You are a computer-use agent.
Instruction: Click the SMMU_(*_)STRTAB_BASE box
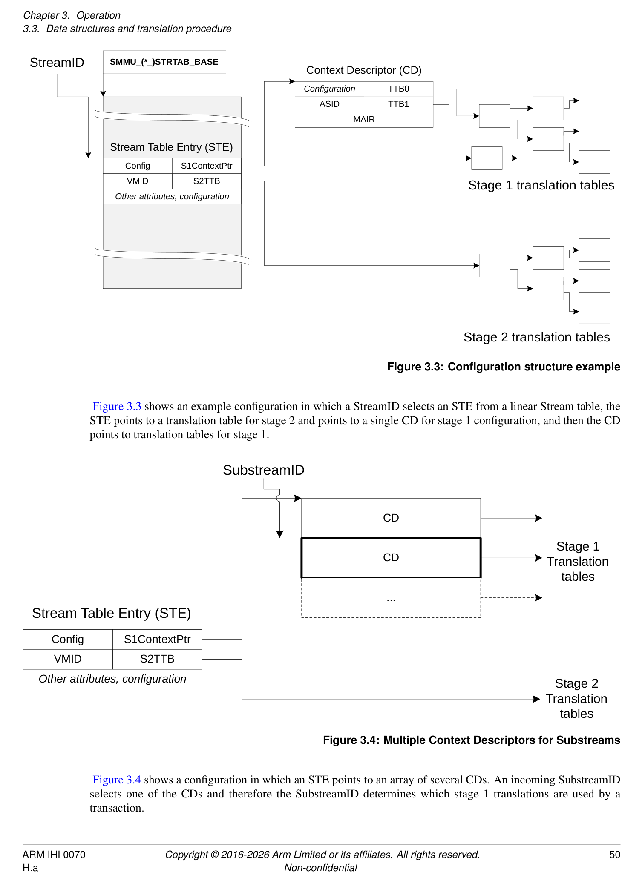164,62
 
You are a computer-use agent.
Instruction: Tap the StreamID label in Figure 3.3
57,63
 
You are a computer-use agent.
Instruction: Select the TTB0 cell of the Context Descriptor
398,89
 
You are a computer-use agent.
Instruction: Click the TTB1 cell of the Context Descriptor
398,104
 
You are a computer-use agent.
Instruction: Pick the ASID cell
329,104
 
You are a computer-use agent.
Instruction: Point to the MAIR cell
364,119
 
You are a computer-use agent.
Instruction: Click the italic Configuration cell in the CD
329,89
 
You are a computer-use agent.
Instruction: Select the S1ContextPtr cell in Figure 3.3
207,166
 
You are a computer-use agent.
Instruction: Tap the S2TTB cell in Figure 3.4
157,659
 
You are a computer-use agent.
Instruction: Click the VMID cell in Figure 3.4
68,659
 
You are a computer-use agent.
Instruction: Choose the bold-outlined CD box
391,557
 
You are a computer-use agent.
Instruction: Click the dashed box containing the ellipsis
391,598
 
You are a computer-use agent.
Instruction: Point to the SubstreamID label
263,470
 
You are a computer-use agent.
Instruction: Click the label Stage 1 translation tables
541,185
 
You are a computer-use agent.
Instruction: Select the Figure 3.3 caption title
504,367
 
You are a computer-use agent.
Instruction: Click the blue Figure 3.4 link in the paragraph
117,780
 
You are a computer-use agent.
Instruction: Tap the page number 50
614,855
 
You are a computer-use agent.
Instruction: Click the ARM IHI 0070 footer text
54,855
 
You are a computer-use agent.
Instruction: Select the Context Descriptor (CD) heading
364,70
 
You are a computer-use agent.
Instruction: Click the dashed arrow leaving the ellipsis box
511,598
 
